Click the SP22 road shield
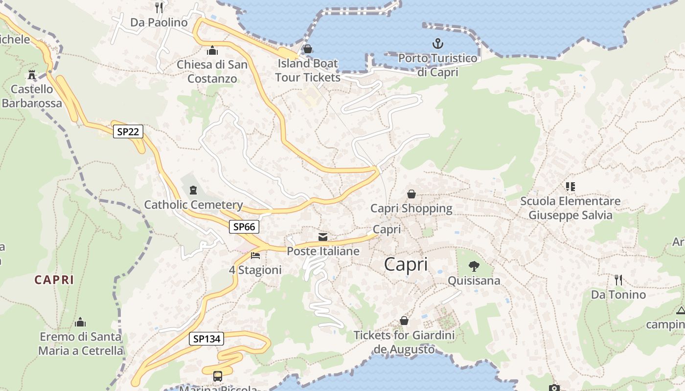[x=128, y=131]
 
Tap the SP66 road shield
[x=244, y=227]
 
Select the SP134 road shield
[x=206, y=339]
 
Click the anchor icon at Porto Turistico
[x=437, y=44]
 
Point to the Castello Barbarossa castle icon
[x=32, y=75]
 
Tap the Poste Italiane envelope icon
[x=323, y=237]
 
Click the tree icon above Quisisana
[x=474, y=266]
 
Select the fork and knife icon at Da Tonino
[x=618, y=280]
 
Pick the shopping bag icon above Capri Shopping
[x=411, y=194]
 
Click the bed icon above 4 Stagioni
[x=255, y=256]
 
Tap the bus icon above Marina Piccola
[x=218, y=376]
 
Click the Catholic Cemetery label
[x=193, y=205]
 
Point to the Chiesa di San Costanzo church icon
[x=212, y=50]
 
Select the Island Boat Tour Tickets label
[x=307, y=70]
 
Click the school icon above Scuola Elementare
[x=570, y=187]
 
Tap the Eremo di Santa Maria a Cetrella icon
[x=80, y=323]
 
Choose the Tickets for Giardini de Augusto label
[x=404, y=342]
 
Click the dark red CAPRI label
[x=54, y=280]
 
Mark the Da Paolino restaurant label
[x=159, y=22]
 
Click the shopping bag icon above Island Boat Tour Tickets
[x=308, y=49]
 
